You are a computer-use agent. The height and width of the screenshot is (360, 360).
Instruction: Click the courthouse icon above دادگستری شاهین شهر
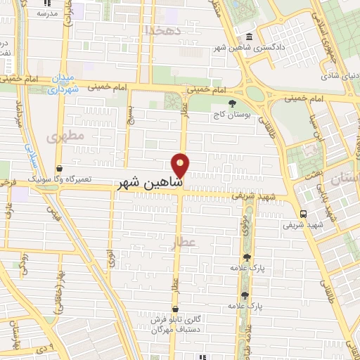pyautogui.click(x=250, y=38)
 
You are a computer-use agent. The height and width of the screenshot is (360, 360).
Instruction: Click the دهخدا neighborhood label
pyautogui.click(x=162, y=30)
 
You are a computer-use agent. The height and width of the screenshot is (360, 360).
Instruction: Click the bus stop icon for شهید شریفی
pyautogui.click(x=302, y=214)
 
